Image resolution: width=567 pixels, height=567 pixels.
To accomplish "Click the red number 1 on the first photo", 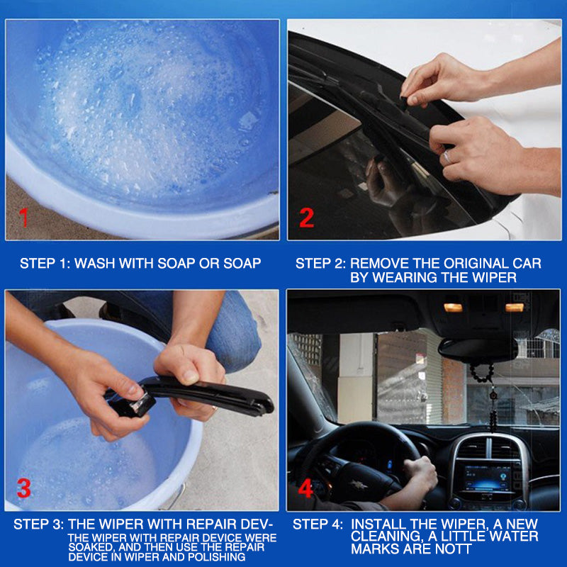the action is pyautogui.click(x=24, y=217).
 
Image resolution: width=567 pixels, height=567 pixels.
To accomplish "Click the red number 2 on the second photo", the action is pyautogui.click(x=307, y=218).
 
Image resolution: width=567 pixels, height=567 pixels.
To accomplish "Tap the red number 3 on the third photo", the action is pyautogui.click(x=24, y=488).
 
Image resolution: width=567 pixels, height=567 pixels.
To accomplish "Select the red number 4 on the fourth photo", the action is pyautogui.click(x=305, y=488).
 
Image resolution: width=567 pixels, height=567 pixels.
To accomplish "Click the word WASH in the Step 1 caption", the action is pyautogui.click(x=94, y=263).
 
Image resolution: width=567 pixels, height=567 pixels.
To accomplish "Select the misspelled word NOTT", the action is pyautogui.click(x=454, y=549).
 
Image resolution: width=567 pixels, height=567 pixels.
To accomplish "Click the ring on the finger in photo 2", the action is pyautogui.click(x=447, y=157).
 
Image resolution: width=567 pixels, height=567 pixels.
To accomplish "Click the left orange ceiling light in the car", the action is pyautogui.click(x=453, y=308).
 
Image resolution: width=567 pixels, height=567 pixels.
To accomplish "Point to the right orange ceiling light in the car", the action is pyautogui.click(x=515, y=308).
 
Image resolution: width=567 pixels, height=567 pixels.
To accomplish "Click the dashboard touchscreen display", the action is pyautogui.click(x=488, y=478).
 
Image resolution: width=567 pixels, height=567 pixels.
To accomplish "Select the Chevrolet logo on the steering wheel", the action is pyautogui.click(x=359, y=484).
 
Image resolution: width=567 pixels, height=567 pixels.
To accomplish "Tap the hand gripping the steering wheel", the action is pyautogui.click(x=420, y=473).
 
